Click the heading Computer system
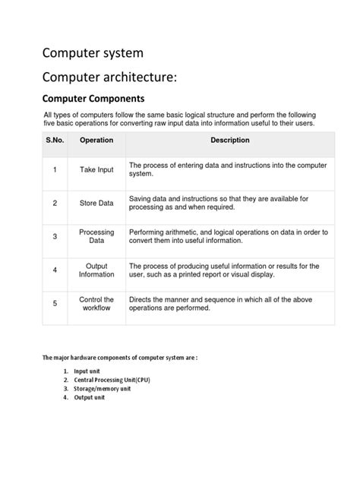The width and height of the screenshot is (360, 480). click(93, 53)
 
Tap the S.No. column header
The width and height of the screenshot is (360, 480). click(55, 141)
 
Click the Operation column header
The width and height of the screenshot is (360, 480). click(96, 141)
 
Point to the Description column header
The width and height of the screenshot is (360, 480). click(229, 141)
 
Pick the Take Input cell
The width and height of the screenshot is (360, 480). click(96, 169)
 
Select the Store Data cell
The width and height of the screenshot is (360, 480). click(96, 203)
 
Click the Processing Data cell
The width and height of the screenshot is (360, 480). click(96, 236)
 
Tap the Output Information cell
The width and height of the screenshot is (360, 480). click(96, 270)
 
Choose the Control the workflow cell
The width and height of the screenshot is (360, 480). click(96, 303)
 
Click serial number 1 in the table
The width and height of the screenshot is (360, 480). click(55, 169)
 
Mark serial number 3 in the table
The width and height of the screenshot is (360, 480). click(55, 236)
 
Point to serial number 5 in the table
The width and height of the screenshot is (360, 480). click(55, 303)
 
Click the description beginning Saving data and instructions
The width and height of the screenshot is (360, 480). click(219, 203)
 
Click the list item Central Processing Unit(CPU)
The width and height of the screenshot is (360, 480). click(112, 380)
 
